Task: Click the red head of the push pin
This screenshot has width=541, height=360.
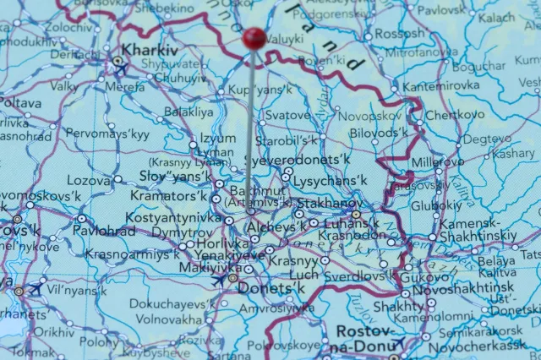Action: [254, 39]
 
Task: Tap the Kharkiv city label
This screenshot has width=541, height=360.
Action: [150, 49]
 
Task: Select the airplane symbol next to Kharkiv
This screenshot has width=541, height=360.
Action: [123, 69]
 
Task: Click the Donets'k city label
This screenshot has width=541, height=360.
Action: [270, 289]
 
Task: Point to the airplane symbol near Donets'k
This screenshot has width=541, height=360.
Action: [218, 279]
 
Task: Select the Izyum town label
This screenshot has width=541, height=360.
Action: [218, 138]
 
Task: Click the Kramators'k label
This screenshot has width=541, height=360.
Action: [168, 196]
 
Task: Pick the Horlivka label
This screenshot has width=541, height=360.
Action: [222, 241]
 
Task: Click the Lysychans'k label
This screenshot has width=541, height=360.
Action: [331, 180]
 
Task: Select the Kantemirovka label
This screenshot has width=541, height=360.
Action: [440, 86]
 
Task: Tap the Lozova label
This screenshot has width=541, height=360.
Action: [89, 179]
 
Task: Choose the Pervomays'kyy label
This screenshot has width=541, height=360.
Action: [107, 134]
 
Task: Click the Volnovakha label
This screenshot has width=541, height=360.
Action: [168, 319]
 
